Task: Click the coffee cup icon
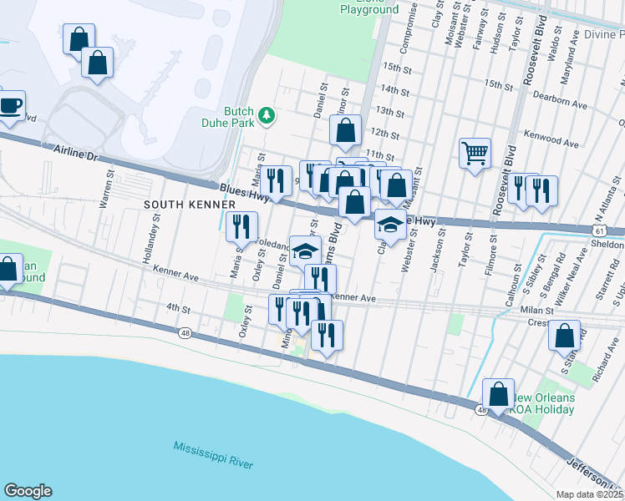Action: [9, 106]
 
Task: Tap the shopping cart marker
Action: [475, 154]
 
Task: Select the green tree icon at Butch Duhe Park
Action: [267, 115]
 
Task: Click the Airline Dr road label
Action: [74, 152]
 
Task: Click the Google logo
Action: [27, 491]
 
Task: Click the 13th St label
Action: [390, 111]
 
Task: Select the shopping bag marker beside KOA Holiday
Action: [498, 395]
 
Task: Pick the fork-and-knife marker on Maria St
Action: [240, 226]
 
